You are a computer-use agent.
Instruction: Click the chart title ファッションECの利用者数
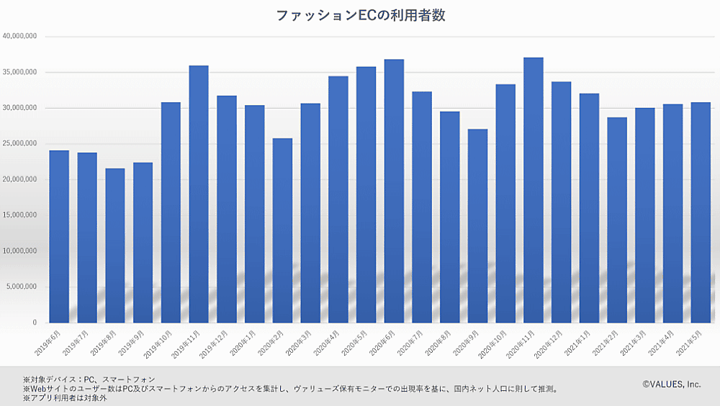[361, 15]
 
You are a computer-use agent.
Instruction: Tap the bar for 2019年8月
[114, 245]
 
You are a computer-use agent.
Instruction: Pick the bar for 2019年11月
[199, 194]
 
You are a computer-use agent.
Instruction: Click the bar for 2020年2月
[282, 230]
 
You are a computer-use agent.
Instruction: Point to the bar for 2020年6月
[394, 191]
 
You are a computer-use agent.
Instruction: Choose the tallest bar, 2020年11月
[534, 190]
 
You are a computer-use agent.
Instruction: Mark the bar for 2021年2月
[617, 220]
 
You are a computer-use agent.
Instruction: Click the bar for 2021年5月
[701, 212]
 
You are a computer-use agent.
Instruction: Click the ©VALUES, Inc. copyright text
[671, 384]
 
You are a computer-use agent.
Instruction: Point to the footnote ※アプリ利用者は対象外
[65, 398]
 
